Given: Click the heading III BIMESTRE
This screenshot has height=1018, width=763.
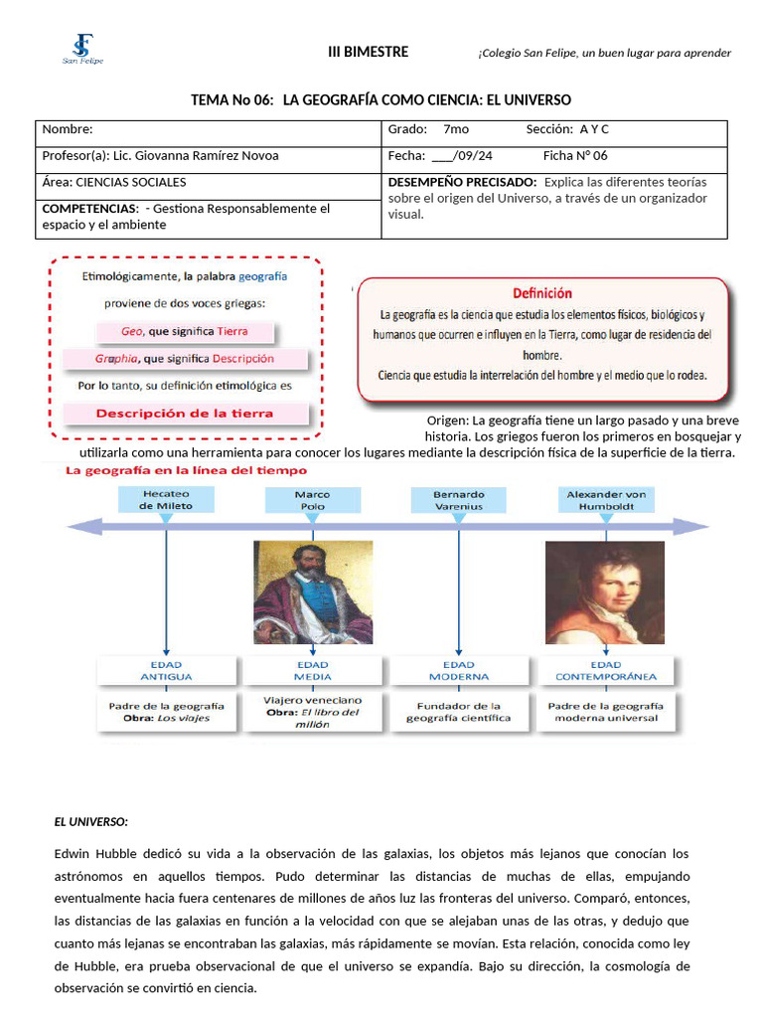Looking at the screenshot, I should (368, 52).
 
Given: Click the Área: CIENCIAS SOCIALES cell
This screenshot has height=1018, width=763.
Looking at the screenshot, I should (209, 183).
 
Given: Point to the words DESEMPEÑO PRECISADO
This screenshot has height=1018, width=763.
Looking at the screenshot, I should (460, 183).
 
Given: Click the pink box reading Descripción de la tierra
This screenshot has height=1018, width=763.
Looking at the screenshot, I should (185, 414).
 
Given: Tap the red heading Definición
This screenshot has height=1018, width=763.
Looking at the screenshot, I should (541, 293).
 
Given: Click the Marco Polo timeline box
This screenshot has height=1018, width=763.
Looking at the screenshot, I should (313, 499).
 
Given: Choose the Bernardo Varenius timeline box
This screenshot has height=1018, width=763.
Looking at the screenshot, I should (458, 499).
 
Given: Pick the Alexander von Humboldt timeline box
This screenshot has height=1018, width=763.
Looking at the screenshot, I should (606, 499).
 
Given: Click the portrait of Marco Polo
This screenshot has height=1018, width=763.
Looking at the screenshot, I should (313, 592).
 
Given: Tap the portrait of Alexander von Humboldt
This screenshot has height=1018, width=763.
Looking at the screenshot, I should (605, 592).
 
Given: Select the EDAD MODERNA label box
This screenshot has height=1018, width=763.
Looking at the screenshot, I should (459, 671).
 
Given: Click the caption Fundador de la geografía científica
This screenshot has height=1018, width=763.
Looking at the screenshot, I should (459, 712).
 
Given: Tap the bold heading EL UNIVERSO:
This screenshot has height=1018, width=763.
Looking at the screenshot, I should (90, 822).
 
